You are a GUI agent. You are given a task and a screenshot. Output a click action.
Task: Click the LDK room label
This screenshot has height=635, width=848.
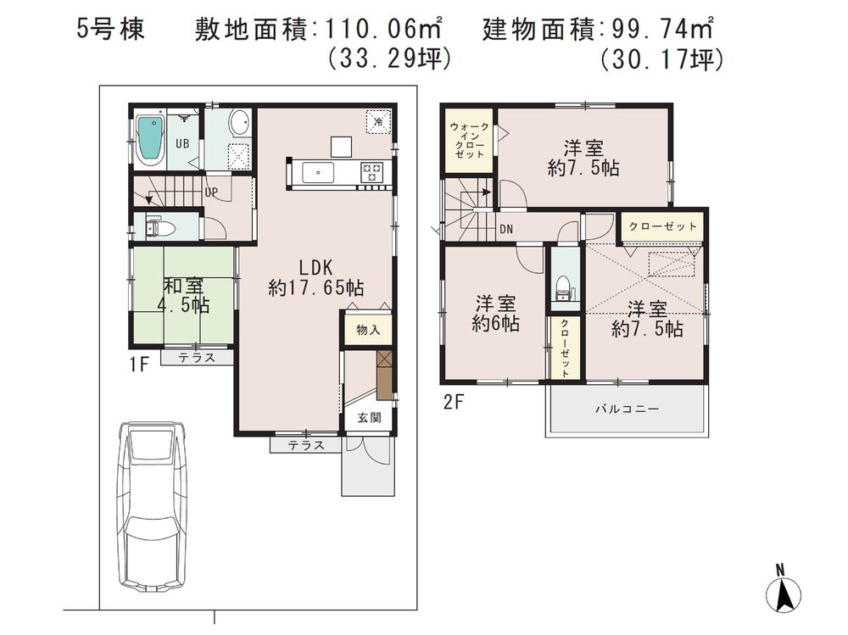[315, 276]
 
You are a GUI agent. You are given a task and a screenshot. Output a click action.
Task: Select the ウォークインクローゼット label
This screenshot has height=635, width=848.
[468, 141]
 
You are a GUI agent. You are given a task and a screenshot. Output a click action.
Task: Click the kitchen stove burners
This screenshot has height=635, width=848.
[371, 171]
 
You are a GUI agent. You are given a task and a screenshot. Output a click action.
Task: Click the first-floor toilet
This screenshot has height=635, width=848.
[160, 227]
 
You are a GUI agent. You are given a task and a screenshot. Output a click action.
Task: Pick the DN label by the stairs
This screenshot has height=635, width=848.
[505, 229]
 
